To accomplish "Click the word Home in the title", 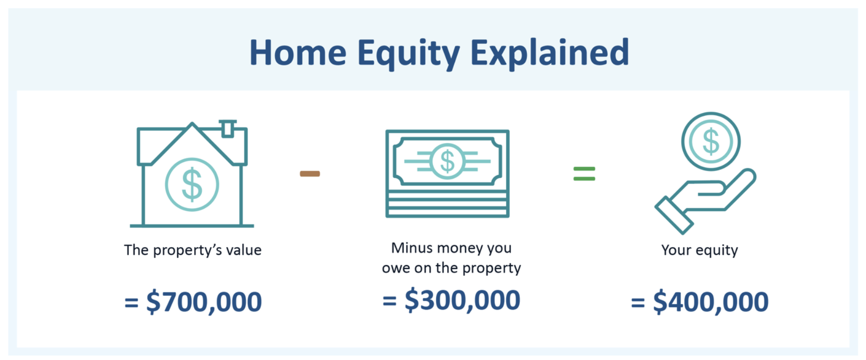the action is (298, 53).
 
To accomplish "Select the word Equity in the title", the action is (409, 54).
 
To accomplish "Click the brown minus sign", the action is (310, 174).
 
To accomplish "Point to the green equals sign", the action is (584, 174).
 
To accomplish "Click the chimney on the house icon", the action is (227, 128).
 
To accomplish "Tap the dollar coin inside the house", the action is (192, 184).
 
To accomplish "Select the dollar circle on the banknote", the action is (447, 161).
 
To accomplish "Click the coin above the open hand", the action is (711, 142).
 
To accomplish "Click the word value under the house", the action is (244, 250).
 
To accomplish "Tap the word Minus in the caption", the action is (412, 248).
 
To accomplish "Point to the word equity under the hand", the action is (717, 251).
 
